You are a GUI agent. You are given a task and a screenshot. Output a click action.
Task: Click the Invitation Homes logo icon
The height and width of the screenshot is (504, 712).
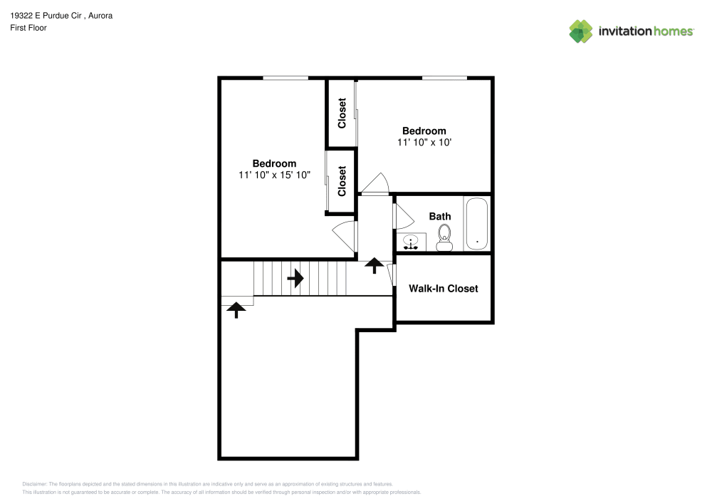pyautogui.click(x=580, y=31)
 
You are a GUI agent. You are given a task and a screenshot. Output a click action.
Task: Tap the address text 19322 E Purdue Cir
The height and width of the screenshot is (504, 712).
pyautogui.click(x=46, y=16)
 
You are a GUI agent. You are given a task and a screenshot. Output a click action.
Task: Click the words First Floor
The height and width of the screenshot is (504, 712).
pyautogui.click(x=28, y=28)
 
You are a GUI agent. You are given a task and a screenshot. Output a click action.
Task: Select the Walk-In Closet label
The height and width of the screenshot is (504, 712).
pyautogui.click(x=443, y=289)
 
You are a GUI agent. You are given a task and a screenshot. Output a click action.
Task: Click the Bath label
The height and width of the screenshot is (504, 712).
pyautogui.click(x=439, y=216)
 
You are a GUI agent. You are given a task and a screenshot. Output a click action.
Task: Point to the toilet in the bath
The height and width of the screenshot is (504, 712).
pyautogui.click(x=444, y=237)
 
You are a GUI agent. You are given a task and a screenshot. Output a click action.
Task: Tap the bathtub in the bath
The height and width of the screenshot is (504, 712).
pyautogui.click(x=476, y=224)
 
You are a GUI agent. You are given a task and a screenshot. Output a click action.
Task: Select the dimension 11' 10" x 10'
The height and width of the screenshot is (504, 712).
pyautogui.click(x=424, y=143)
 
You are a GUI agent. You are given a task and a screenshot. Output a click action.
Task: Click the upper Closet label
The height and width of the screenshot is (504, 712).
pyautogui.click(x=342, y=113)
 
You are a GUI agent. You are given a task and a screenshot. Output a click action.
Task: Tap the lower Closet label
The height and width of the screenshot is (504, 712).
pyautogui.click(x=342, y=181)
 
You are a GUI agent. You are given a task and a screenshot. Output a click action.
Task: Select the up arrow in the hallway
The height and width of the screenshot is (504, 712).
pyautogui.click(x=373, y=265)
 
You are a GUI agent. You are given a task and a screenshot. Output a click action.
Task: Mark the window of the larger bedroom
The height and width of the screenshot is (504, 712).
pyautogui.click(x=285, y=78)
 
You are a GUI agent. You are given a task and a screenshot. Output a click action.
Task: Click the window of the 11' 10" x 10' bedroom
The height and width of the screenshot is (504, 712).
pyautogui.click(x=444, y=78)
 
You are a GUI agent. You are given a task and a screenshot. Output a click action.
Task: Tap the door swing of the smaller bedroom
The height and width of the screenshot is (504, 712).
pyautogui.click(x=375, y=184)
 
